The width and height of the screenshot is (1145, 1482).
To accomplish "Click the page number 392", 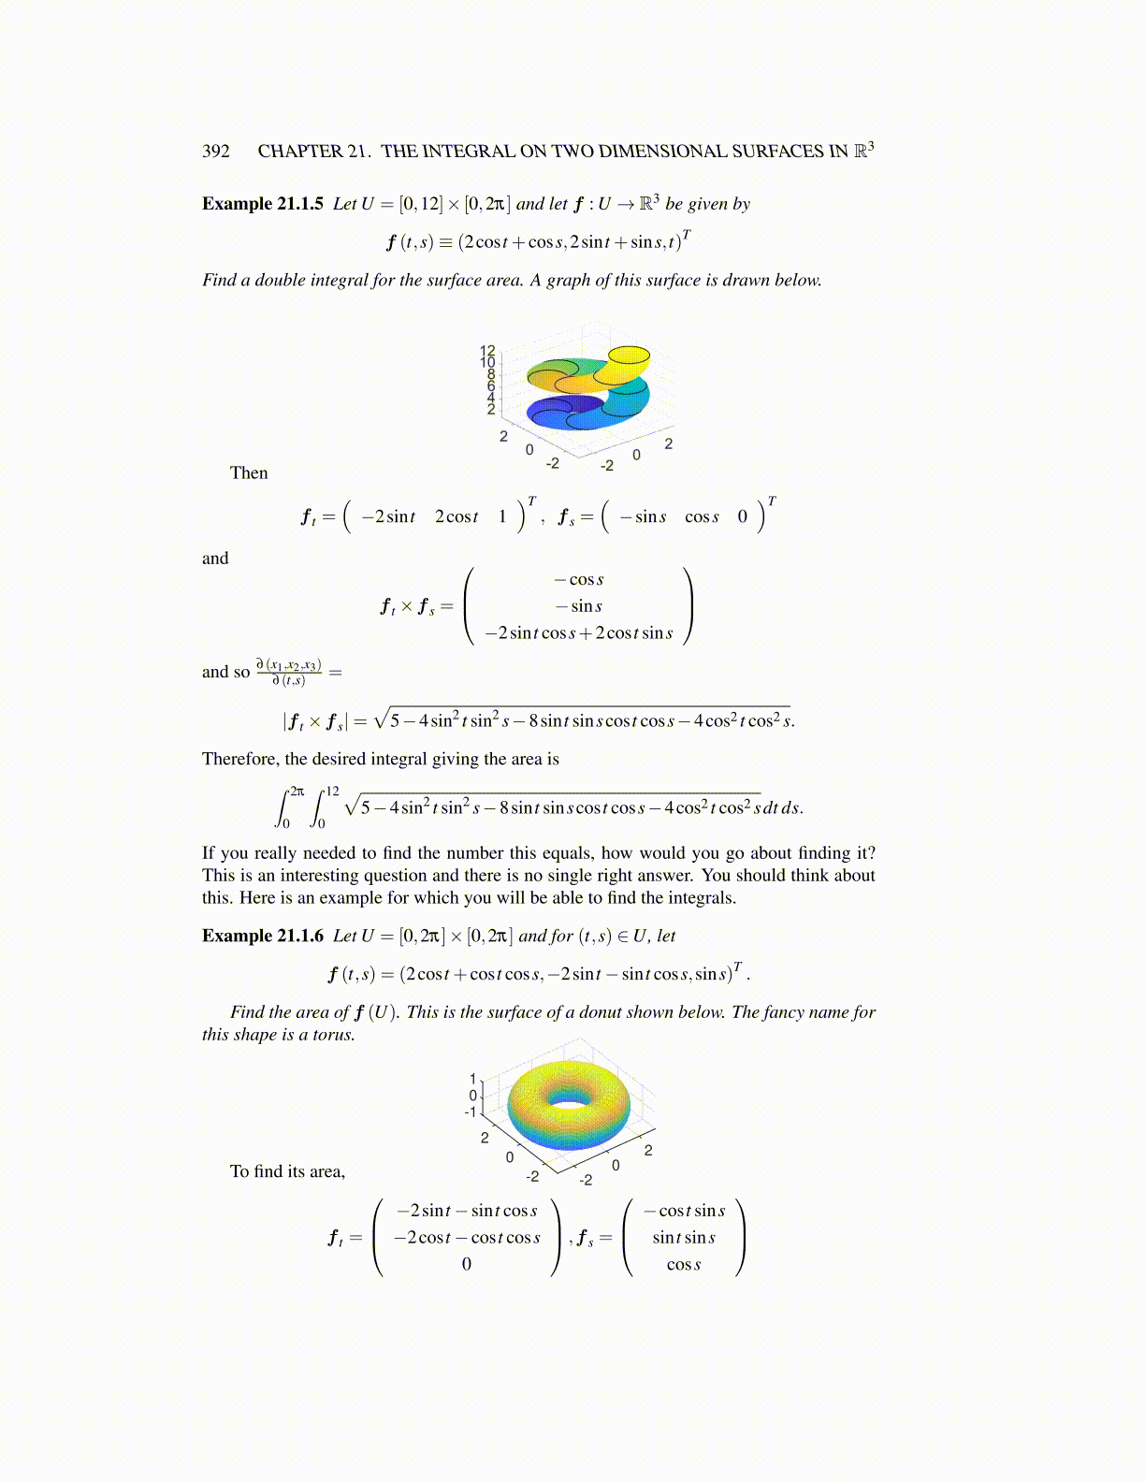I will (216, 152).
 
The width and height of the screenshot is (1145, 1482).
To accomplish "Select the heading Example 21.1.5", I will (263, 204).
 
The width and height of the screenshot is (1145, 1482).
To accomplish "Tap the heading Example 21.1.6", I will (263, 936).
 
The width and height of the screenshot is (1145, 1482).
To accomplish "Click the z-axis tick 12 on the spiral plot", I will (487, 351).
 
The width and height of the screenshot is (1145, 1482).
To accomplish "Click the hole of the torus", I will (568, 1096).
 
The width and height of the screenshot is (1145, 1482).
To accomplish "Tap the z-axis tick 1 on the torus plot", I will (473, 1078).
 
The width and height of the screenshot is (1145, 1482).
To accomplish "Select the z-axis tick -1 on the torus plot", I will (471, 1111).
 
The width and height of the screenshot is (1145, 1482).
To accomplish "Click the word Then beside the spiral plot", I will (249, 473).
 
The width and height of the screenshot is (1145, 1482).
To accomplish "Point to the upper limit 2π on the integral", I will (297, 791).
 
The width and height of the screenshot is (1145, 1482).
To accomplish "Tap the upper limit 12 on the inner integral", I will (332, 791).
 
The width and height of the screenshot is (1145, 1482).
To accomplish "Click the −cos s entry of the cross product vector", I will (586, 580).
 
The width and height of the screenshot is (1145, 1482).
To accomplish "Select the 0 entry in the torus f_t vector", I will (467, 1264).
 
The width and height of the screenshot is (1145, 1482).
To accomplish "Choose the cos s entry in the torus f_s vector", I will (684, 1264).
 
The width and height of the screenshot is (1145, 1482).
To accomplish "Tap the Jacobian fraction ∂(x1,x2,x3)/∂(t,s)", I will (289, 672).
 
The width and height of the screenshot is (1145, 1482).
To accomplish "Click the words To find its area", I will (288, 1171).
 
